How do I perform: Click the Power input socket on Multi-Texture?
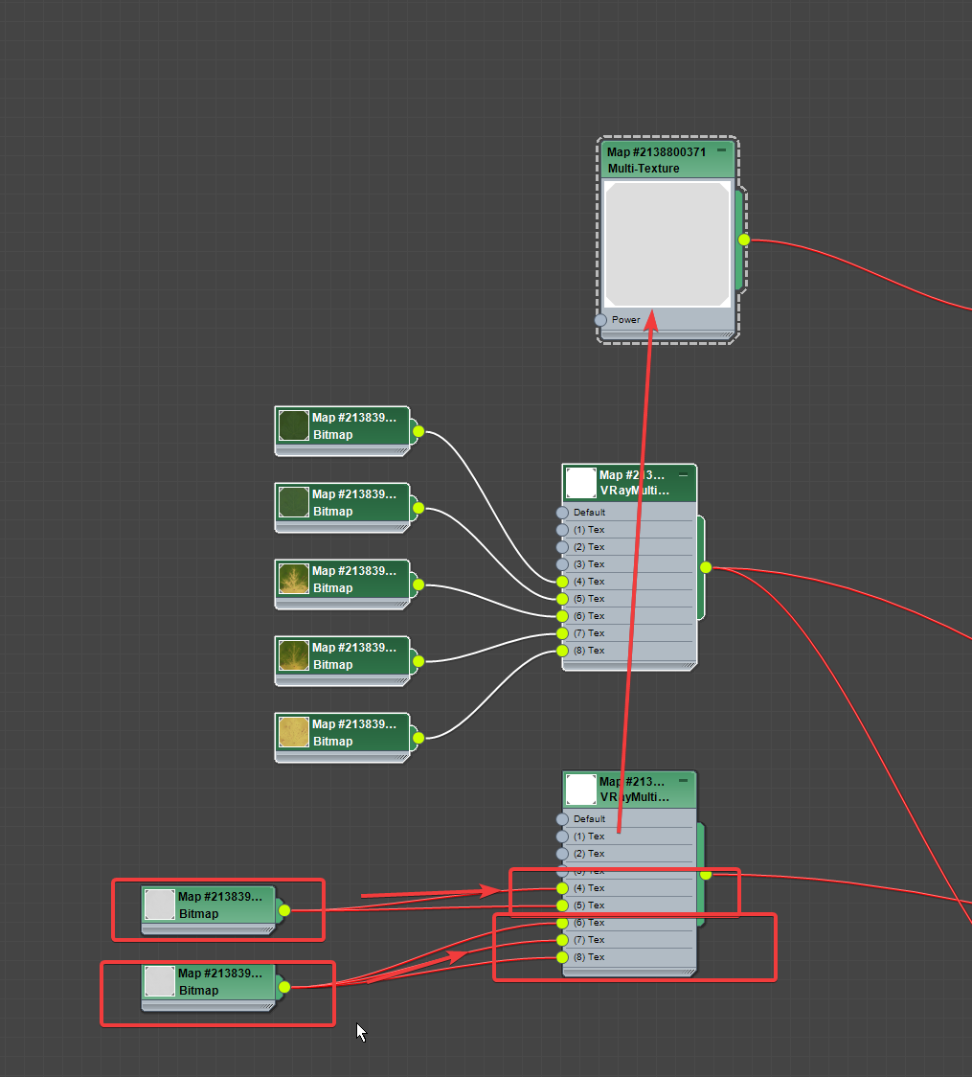[600, 320]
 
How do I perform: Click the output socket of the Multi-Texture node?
[744, 240]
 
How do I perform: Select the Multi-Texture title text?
[644, 169]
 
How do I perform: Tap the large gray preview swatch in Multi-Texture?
[667, 244]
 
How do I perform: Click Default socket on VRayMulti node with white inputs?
[562, 513]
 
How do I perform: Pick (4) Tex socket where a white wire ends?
[562, 582]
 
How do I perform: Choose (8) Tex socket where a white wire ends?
[562, 651]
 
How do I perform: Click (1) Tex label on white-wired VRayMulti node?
[589, 530]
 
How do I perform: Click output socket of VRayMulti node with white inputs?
[706, 567]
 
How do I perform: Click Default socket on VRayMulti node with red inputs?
[562, 819]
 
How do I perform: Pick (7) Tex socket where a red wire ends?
[562, 940]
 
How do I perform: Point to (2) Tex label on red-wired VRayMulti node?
[589, 854]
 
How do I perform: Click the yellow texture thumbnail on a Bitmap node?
[293, 732]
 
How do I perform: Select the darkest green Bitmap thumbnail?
[293, 425]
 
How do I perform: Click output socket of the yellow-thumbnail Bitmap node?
[418, 738]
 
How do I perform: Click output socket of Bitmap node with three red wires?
[284, 987]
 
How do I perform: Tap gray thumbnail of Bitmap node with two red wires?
[159, 905]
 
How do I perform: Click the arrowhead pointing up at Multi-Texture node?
[651, 319]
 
